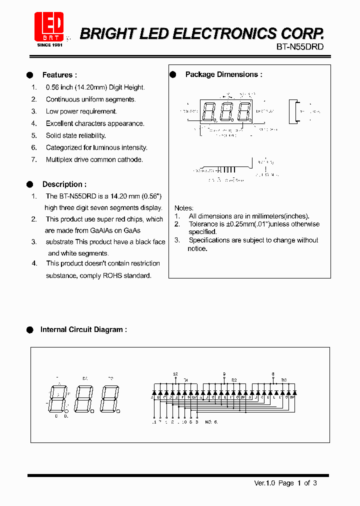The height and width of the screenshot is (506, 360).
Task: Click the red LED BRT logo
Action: [x=48, y=28]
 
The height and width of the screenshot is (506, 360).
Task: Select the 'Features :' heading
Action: [x=59, y=75]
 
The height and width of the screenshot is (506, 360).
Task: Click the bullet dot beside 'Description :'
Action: [x=30, y=184]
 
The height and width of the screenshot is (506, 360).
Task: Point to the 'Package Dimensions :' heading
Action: [x=223, y=74]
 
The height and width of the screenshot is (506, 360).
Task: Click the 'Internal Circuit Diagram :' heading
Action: [x=83, y=330]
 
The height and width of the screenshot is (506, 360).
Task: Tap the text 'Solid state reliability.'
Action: [x=76, y=135]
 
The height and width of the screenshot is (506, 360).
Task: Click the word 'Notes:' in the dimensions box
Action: [x=184, y=208]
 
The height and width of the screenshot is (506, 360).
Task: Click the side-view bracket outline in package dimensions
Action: [x=295, y=111]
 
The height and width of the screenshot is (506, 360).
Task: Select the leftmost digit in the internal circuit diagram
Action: [x=59, y=398]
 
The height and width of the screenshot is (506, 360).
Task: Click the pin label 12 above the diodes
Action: [x=175, y=374]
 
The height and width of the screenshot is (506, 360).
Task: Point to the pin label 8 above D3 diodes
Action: [x=273, y=374]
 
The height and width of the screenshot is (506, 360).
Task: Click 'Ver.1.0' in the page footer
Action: [x=265, y=483]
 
